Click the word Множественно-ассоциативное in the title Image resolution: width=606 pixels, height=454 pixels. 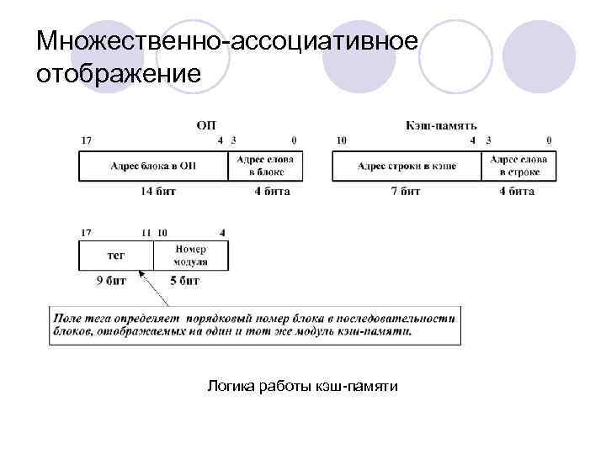click(227, 40)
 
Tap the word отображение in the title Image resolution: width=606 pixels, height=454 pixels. click(119, 73)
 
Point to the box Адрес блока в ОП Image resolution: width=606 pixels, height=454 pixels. click(153, 166)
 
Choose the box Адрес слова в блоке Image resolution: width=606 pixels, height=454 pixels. click(265, 166)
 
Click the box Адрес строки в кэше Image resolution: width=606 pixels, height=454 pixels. click(407, 166)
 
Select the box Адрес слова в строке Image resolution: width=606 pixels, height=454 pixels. click(518, 166)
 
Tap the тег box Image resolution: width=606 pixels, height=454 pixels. click(116, 256)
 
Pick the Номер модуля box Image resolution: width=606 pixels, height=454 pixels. click(190, 256)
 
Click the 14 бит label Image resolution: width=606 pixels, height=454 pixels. click(157, 192)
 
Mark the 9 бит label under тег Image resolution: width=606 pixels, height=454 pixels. click(110, 281)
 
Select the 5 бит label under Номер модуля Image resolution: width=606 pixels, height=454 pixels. click(184, 281)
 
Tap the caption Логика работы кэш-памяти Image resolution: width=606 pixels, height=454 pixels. click(302, 386)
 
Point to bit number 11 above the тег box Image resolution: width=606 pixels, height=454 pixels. click(146, 231)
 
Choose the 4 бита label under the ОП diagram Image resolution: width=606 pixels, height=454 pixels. click(272, 192)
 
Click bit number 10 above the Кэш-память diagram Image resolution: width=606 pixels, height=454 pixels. click(341, 140)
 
